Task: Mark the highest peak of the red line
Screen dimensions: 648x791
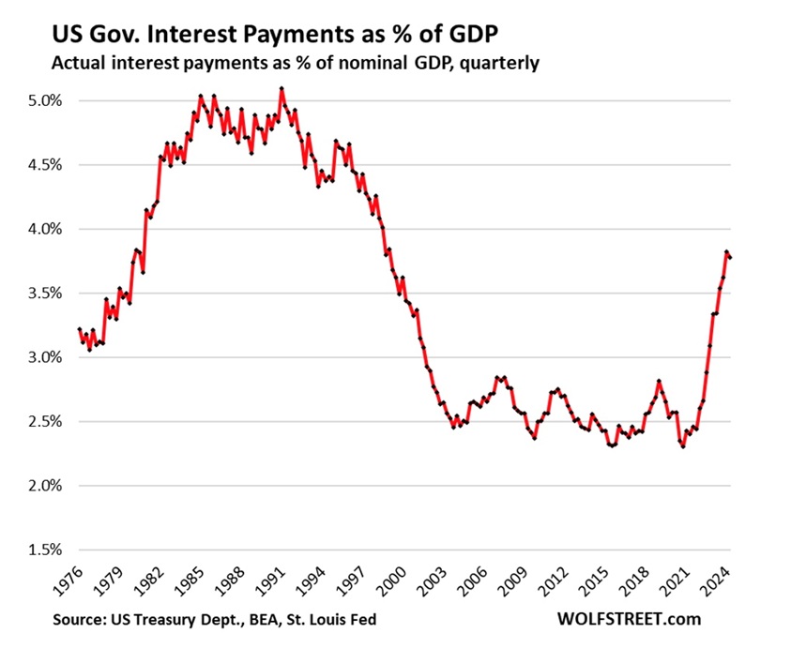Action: coord(282,89)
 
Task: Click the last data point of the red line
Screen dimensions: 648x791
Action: coord(731,258)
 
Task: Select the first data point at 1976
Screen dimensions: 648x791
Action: coord(79,329)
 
